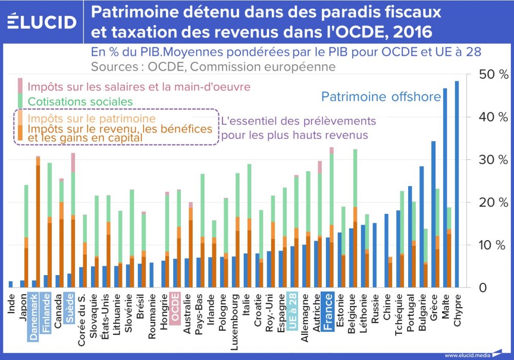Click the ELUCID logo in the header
click(42, 22)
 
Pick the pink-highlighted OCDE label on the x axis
click(175, 308)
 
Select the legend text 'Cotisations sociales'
click(80, 102)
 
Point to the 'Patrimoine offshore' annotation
click(381, 97)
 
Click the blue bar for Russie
click(374, 255)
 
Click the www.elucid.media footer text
click(465, 355)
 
